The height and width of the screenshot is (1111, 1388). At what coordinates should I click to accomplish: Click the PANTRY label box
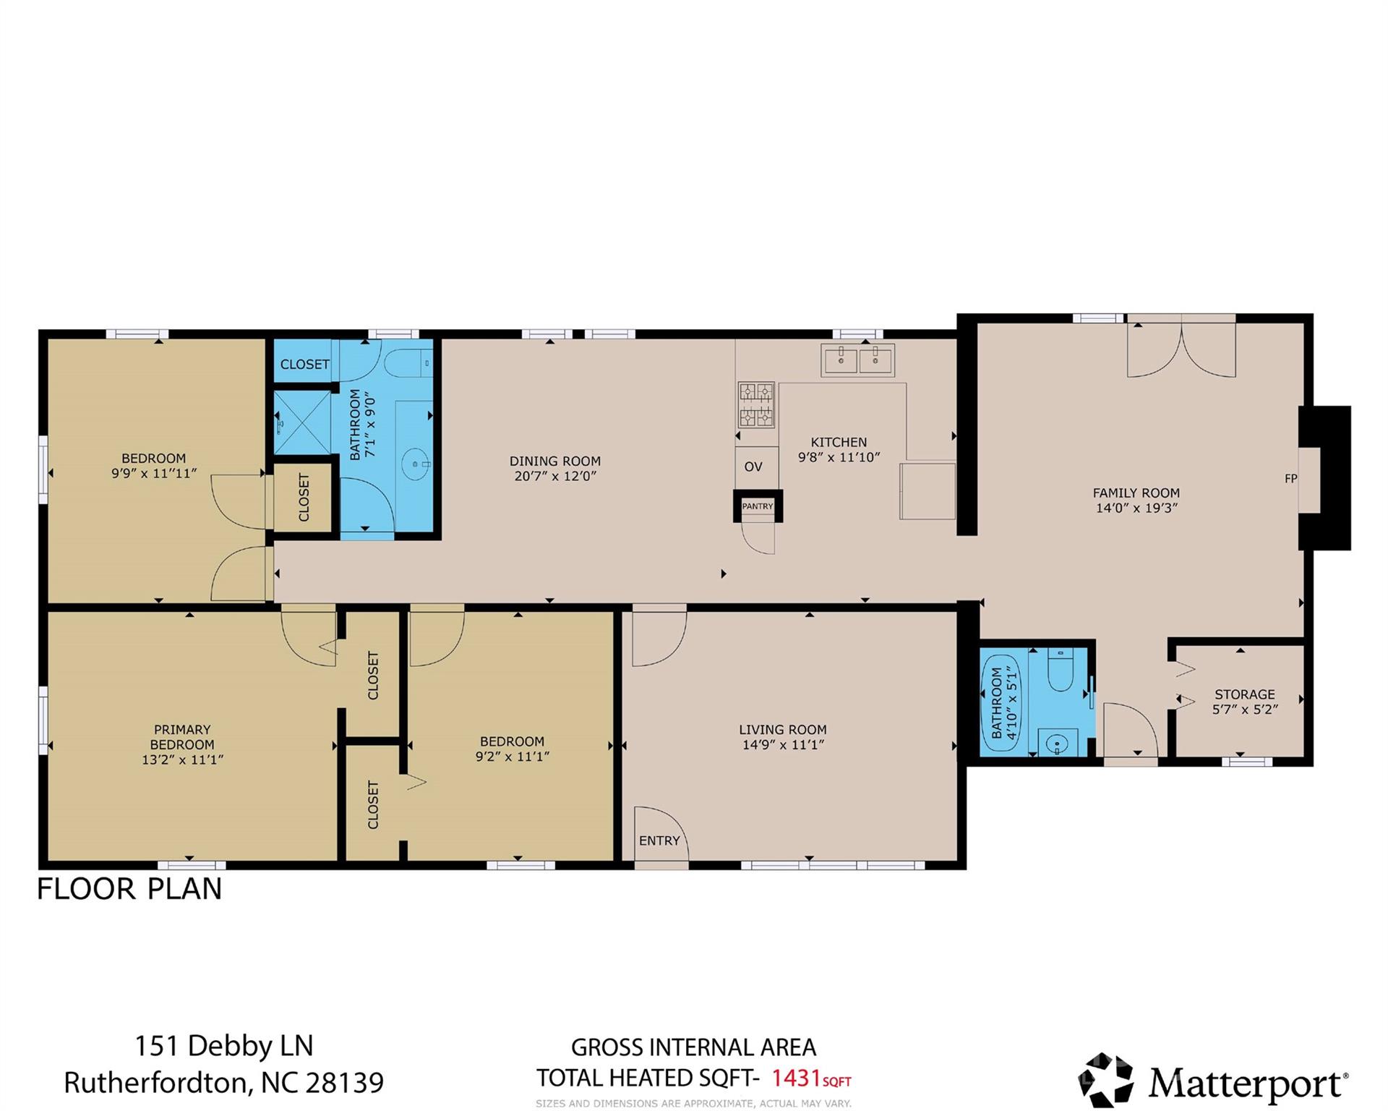(x=758, y=506)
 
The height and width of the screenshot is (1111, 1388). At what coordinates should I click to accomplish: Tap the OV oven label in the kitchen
(x=753, y=467)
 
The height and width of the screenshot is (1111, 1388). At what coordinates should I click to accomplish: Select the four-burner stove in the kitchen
(x=756, y=404)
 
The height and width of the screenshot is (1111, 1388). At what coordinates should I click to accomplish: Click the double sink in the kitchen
(x=858, y=359)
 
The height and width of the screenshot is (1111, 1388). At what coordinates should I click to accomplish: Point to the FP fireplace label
(x=1291, y=478)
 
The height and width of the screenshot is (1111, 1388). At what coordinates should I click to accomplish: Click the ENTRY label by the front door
(x=659, y=840)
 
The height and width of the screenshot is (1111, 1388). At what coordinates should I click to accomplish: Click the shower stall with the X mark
(x=302, y=423)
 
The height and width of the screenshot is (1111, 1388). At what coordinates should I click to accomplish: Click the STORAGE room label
(x=1245, y=694)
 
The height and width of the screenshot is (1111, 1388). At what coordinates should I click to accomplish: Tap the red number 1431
(x=796, y=1078)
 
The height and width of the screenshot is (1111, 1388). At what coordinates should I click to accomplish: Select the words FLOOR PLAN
(x=129, y=889)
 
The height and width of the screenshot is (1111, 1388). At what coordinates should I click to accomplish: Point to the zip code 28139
(x=344, y=1083)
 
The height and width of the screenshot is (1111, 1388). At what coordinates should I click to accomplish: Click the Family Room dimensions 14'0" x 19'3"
(x=1136, y=508)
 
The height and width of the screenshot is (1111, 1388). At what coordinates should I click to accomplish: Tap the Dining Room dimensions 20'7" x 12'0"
(x=555, y=476)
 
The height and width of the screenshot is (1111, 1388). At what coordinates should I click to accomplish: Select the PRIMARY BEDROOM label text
(x=182, y=737)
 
